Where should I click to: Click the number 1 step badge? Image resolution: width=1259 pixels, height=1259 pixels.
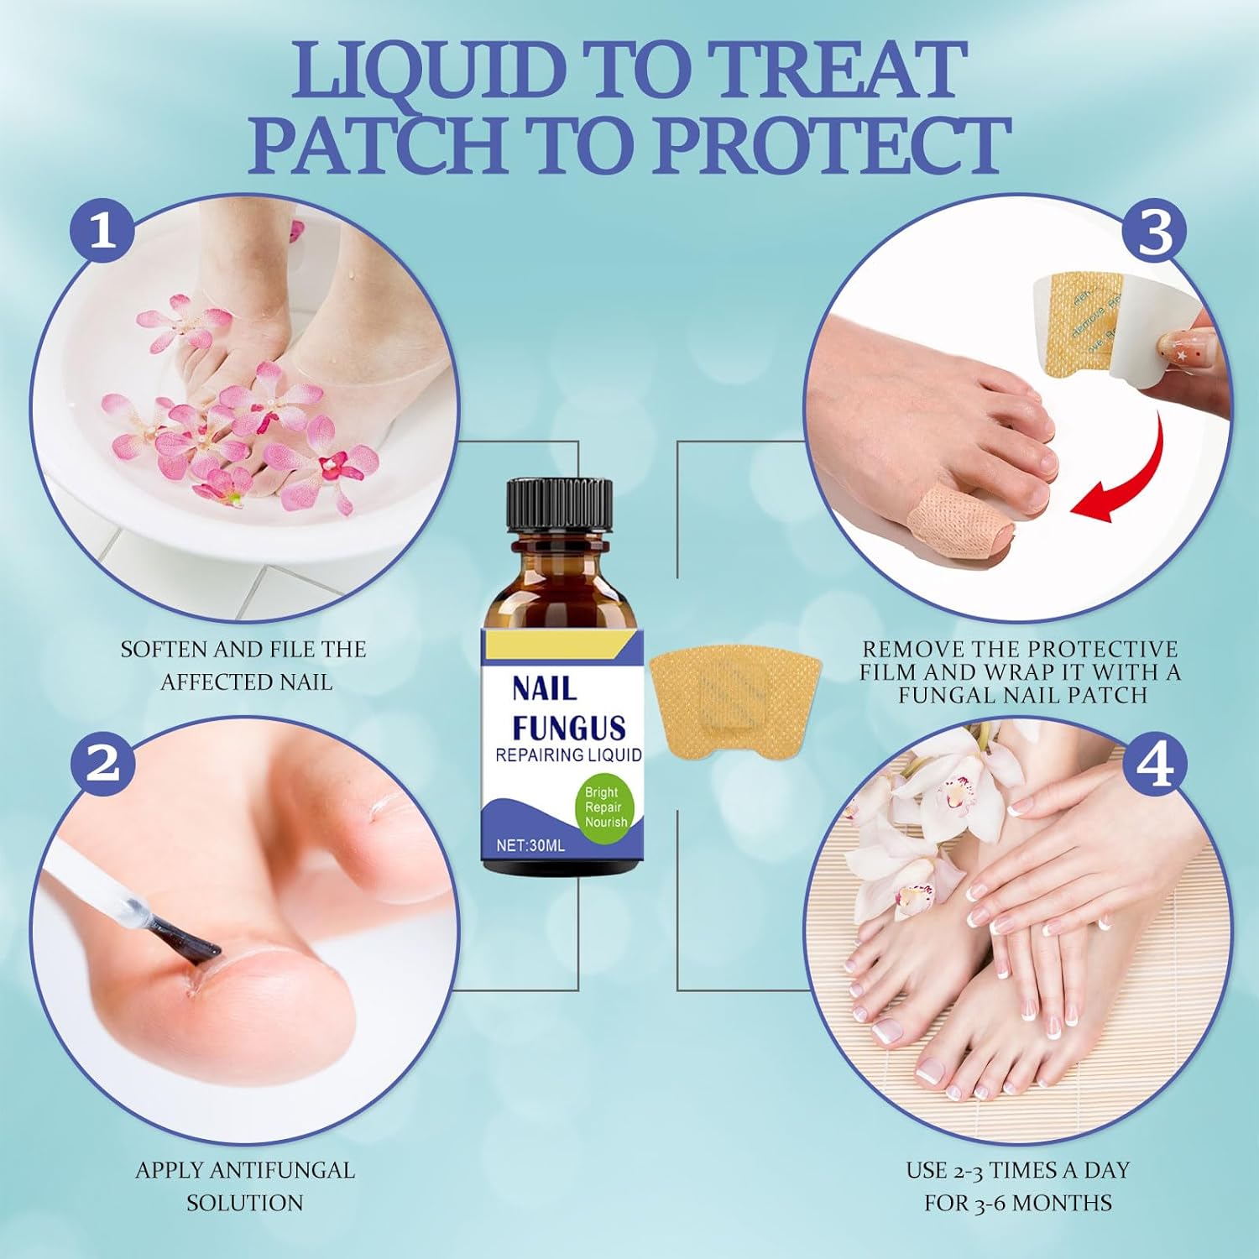pos(102,229)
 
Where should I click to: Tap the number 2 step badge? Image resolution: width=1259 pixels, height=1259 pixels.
pos(102,763)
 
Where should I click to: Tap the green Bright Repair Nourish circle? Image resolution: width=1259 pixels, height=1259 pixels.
pos(605,807)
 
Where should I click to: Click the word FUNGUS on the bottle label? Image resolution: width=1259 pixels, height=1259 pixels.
pos(568,728)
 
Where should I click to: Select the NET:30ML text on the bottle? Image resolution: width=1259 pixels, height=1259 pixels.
pos(530,845)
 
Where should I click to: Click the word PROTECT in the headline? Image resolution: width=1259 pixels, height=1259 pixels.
pos(831,146)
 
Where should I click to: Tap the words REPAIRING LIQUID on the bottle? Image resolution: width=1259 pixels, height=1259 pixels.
pos(568,755)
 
